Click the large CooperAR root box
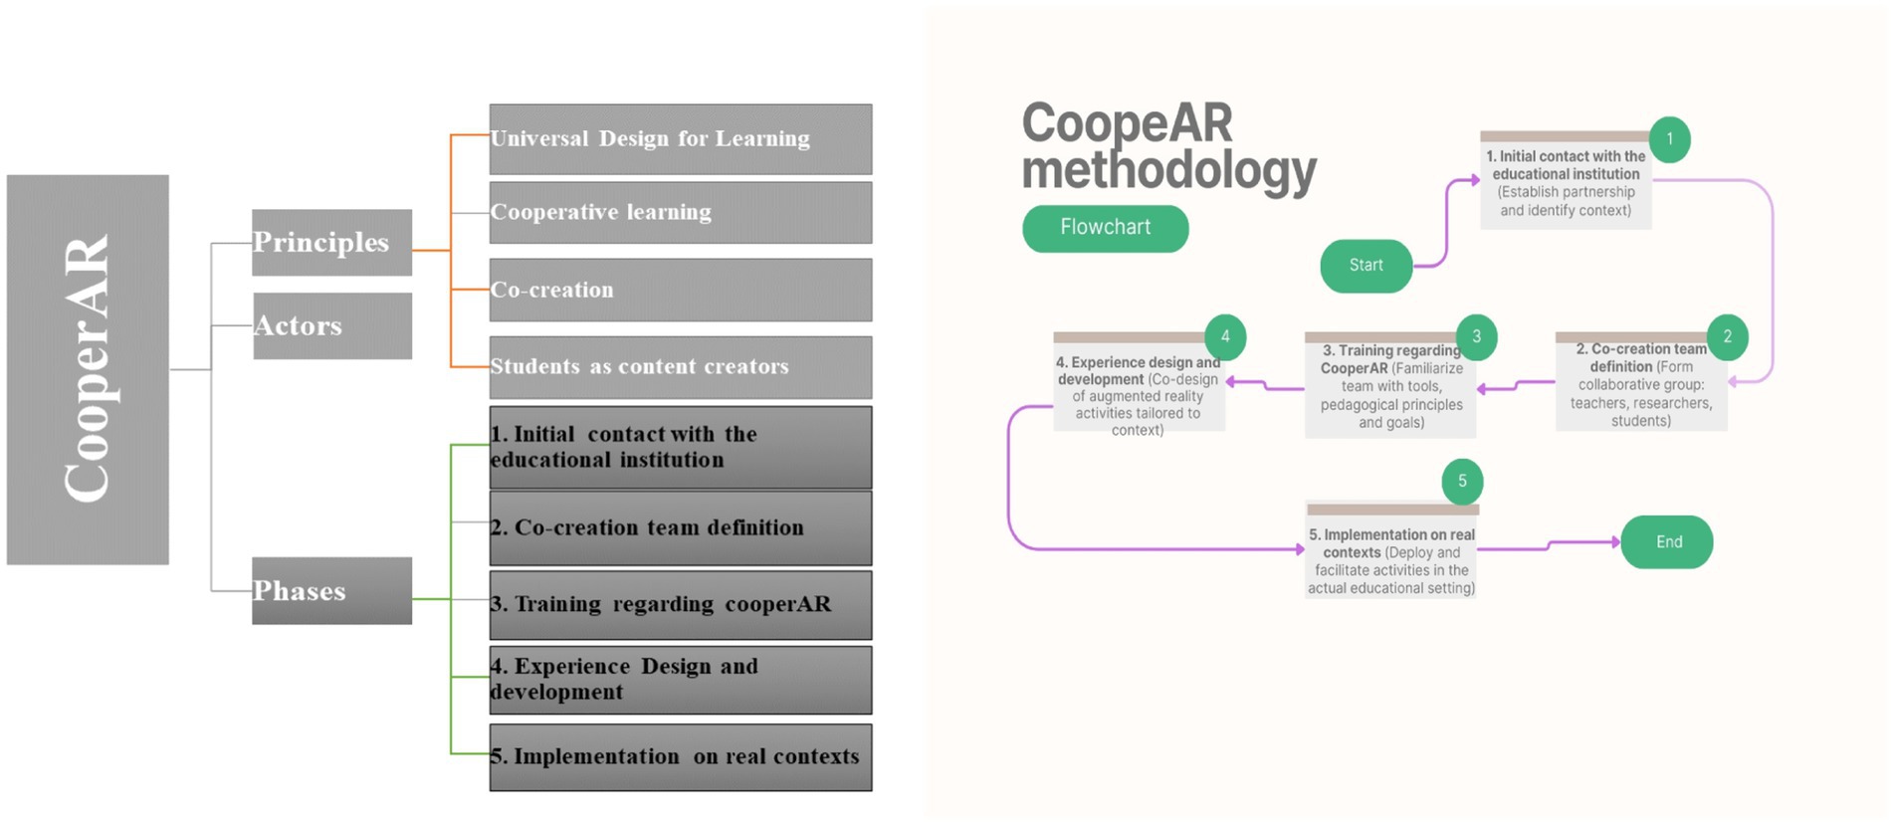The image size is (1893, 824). tap(88, 369)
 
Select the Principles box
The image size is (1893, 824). tap(331, 242)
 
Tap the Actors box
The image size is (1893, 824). tap(331, 325)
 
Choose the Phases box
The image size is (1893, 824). tap(331, 590)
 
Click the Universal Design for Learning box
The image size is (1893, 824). tap(681, 139)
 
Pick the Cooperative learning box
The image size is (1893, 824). tap(681, 212)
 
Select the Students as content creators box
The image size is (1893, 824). tap(681, 367)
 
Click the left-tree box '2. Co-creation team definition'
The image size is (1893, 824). tap(681, 528)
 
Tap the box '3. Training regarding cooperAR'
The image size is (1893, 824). tap(681, 605)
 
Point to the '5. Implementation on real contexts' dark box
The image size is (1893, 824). tap(681, 757)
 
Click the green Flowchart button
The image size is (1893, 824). tap(1105, 228)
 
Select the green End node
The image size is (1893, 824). tap(1667, 542)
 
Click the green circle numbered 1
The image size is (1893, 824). tap(1669, 139)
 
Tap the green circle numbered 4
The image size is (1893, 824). tap(1225, 336)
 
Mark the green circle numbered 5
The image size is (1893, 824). tap(1462, 481)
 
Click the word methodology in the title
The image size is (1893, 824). tap(1168, 170)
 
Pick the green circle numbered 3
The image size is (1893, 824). tap(1476, 336)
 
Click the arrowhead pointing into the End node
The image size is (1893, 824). tap(1616, 541)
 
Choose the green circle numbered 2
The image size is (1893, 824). tap(1727, 336)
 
